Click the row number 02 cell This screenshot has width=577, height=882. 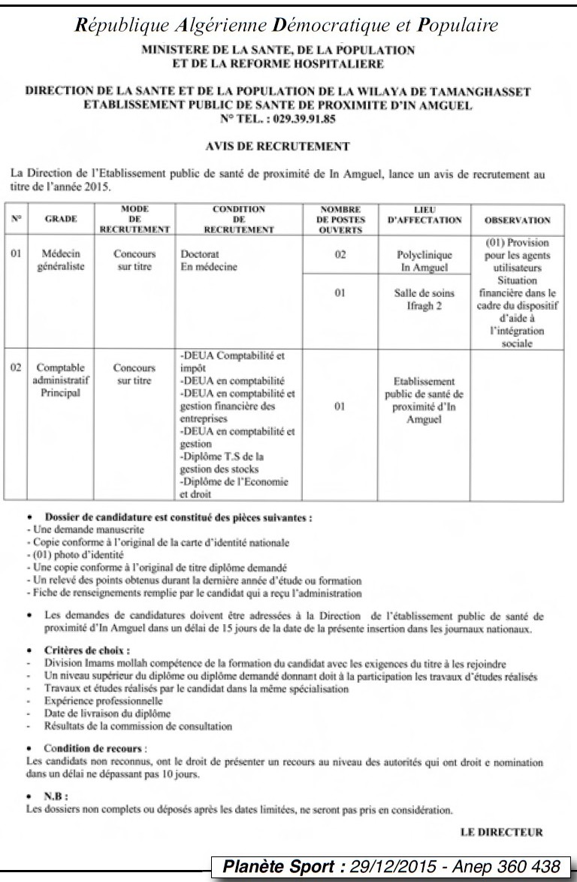click(16, 368)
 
